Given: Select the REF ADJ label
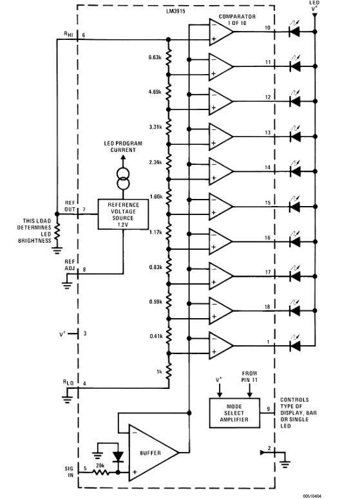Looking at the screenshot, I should click(x=70, y=264).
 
